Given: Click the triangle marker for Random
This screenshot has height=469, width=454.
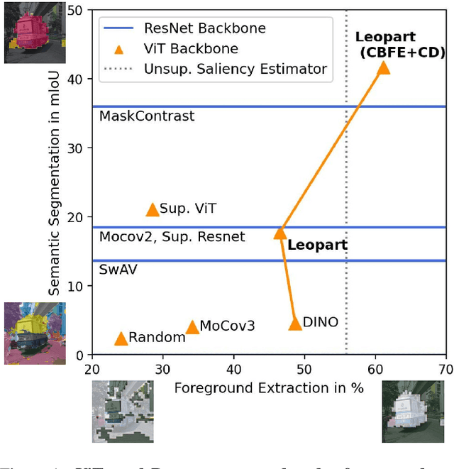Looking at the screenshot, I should (121, 338).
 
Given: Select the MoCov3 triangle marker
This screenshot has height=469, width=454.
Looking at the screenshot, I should (192, 327).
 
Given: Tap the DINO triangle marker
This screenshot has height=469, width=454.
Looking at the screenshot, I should (296, 324).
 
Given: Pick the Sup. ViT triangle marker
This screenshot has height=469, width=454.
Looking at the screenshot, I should (153, 209).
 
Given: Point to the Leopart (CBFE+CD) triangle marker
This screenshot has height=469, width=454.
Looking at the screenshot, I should (383, 67).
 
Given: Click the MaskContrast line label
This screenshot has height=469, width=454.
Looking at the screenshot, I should (147, 116).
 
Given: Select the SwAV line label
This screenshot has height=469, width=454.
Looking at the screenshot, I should (118, 270).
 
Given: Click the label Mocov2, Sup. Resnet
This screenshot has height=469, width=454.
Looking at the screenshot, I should (172, 236).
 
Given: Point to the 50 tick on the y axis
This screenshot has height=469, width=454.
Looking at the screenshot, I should (74, 11).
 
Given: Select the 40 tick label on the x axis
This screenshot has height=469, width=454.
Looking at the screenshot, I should (233, 370).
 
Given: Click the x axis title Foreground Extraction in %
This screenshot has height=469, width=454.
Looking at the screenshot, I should (269, 388).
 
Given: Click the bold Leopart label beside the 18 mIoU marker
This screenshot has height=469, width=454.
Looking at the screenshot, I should (317, 245).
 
